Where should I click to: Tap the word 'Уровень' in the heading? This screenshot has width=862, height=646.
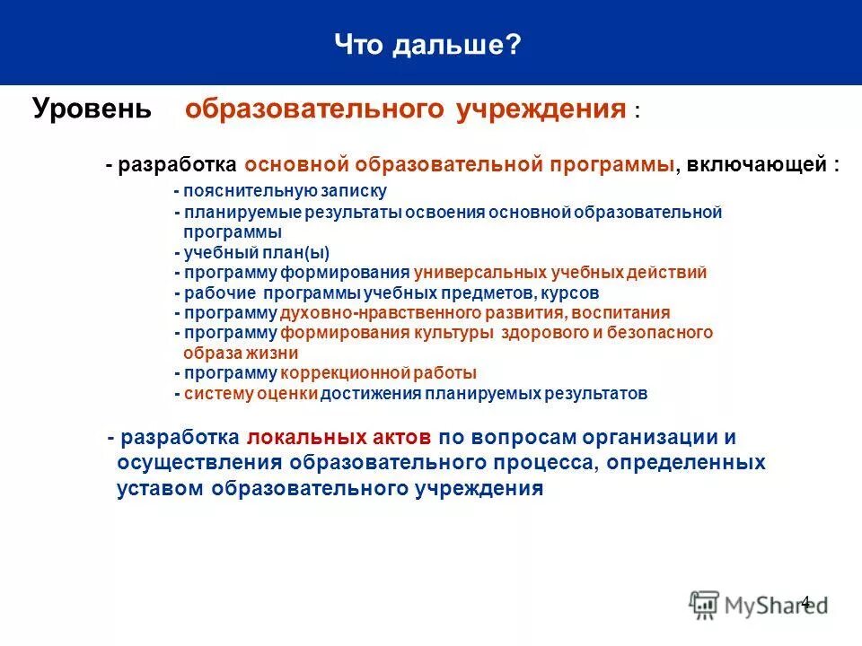tap(92, 109)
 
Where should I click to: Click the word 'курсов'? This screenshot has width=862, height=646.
tap(571, 292)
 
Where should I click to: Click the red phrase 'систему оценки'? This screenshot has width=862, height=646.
tap(250, 393)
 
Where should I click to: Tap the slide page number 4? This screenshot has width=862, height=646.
tap(805, 602)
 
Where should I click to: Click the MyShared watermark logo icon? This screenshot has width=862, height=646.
tap(705, 605)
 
